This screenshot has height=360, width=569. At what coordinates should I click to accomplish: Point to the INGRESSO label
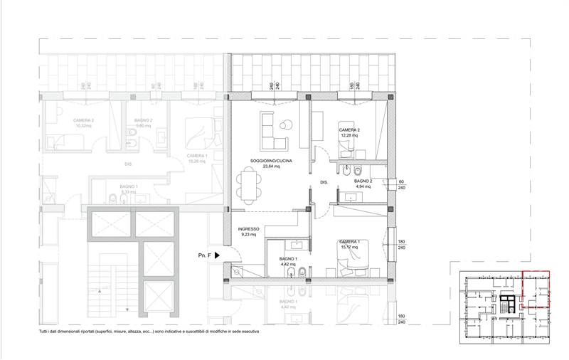[250, 228]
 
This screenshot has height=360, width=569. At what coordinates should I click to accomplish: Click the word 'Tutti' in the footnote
[45, 332]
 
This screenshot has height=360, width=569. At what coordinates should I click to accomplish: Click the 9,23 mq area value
[250, 234]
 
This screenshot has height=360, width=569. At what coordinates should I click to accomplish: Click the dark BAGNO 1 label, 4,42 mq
[287, 259]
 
